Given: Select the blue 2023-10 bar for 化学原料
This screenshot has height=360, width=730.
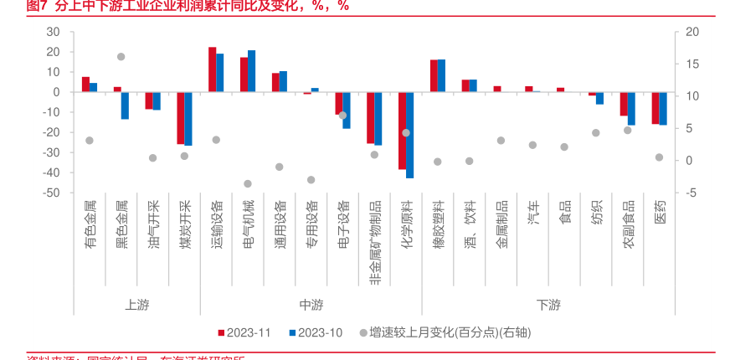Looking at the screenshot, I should click(x=410, y=135).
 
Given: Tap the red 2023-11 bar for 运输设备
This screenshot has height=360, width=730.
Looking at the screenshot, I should click(x=213, y=69).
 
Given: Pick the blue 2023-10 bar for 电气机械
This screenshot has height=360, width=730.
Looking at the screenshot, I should click(x=251, y=71).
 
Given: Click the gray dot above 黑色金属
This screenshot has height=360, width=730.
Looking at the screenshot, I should click(x=121, y=57).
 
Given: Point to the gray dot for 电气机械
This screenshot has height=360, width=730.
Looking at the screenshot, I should click(x=248, y=183).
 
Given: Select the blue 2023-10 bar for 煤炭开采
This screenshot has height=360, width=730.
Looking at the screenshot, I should click(x=188, y=119).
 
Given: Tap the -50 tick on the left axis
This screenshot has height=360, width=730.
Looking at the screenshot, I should click(x=52, y=193).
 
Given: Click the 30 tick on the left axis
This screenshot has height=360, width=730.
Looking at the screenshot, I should click(x=54, y=32).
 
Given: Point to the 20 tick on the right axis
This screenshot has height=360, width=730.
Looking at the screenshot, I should click(x=691, y=32).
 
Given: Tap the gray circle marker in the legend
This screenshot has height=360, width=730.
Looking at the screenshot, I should click(x=362, y=332).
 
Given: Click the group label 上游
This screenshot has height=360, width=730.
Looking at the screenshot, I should click(x=137, y=305).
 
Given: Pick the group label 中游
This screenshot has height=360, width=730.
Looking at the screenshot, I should click(x=311, y=305).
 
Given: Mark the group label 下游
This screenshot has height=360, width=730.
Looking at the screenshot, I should click(x=548, y=305).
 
